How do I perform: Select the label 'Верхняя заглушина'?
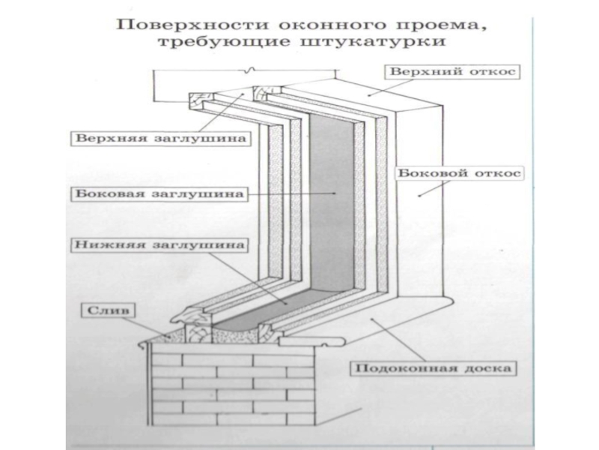162,138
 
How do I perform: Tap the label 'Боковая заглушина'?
161,193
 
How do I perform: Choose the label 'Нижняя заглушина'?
160,244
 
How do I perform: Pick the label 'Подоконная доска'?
434,369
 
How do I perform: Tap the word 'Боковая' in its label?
105,193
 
